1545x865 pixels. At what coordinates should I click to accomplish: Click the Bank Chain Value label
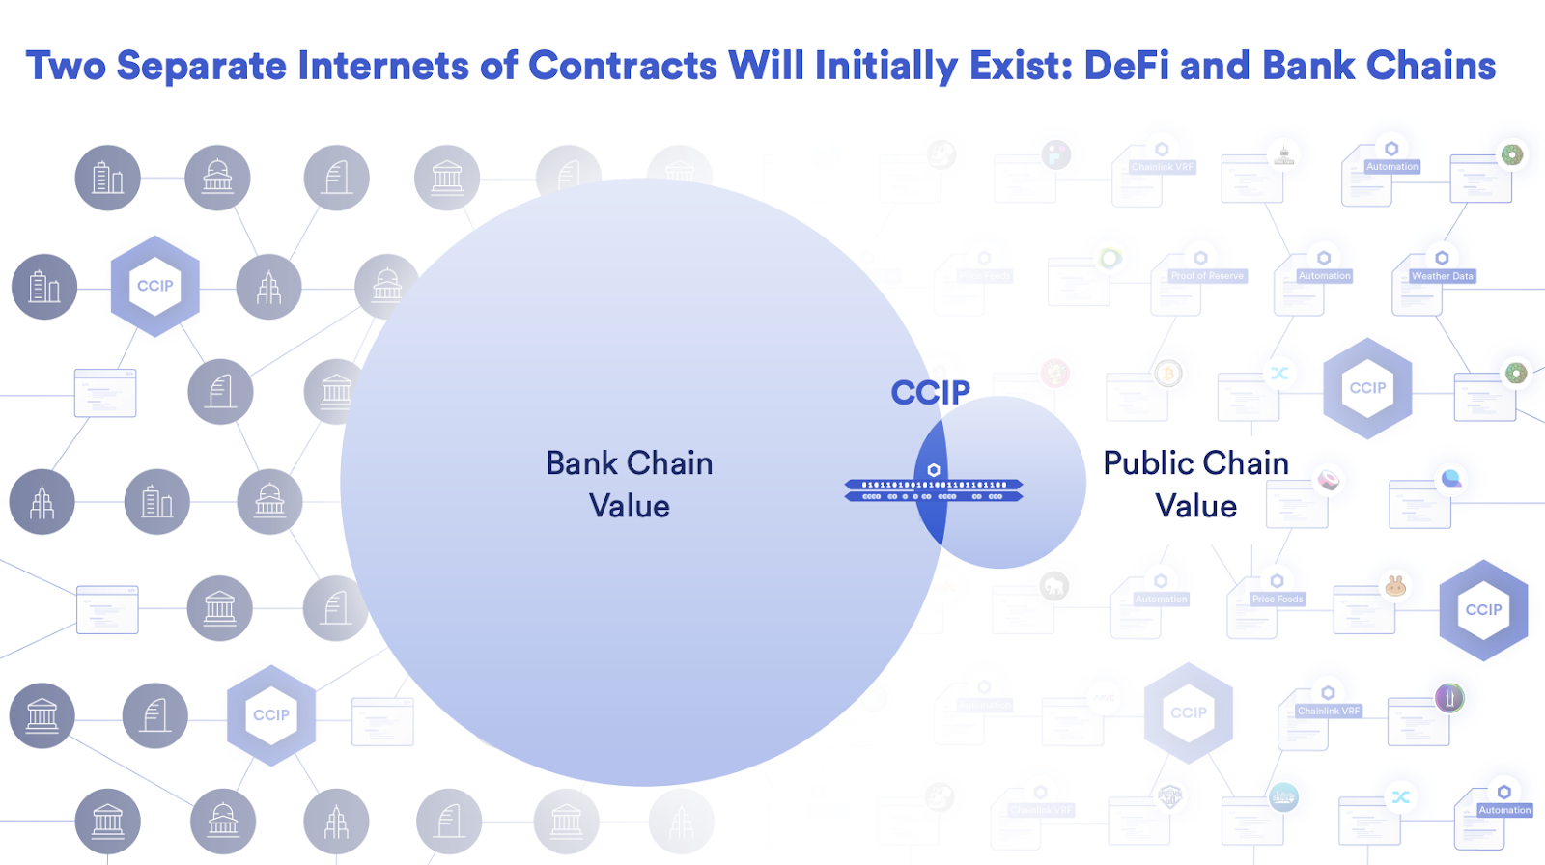tap(629, 484)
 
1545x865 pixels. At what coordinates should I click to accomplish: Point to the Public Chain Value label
tap(1195, 484)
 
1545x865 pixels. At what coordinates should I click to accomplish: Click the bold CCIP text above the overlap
tap(930, 393)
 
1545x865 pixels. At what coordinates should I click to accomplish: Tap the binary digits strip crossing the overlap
tap(934, 490)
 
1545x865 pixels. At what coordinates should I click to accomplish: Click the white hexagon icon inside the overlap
tap(934, 470)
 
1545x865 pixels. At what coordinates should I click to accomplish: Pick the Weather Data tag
tap(1442, 276)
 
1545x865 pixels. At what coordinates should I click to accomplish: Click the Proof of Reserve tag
tap(1207, 276)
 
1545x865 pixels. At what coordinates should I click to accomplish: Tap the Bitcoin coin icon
tap(1168, 374)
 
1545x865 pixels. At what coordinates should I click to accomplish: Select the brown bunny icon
tap(1395, 585)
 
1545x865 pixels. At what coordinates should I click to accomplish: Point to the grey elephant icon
tap(1054, 585)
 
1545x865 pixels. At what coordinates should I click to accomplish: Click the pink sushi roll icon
tap(1329, 480)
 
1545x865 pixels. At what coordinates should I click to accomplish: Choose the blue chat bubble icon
tap(1450, 478)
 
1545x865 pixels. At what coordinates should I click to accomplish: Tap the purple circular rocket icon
tap(1449, 697)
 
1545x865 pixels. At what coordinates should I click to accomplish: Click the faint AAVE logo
tap(1103, 697)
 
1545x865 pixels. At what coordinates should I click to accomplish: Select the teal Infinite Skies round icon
tap(1283, 796)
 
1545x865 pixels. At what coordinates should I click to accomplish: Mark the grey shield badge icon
tap(1170, 796)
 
